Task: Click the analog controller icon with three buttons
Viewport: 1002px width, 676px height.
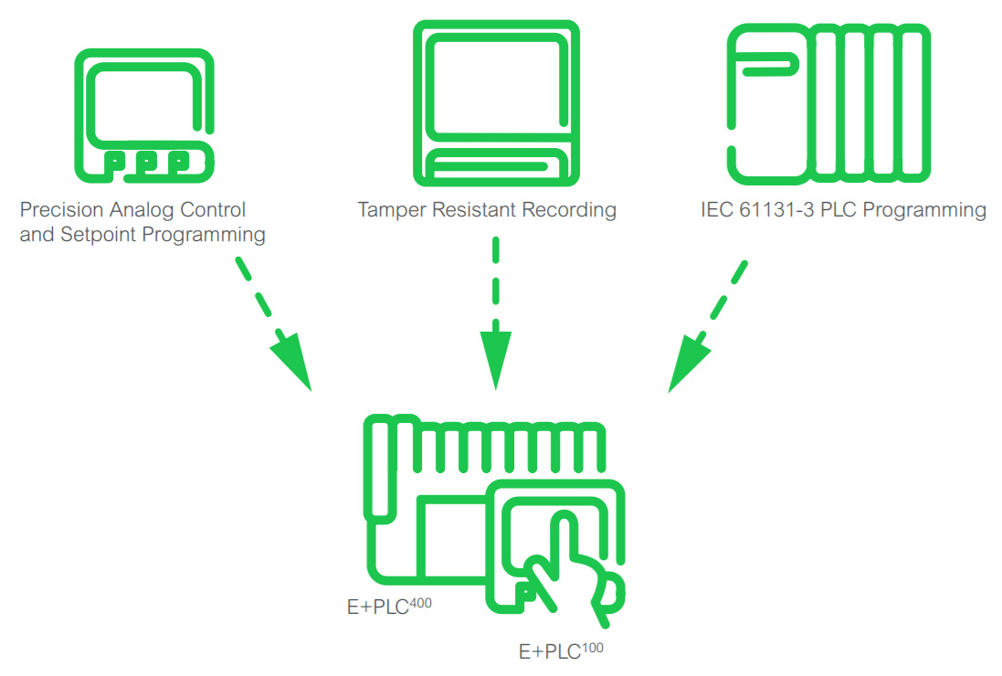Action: tap(143, 113)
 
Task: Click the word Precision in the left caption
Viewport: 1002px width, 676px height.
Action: tap(57, 211)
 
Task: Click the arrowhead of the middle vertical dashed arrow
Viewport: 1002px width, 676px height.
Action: tap(495, 361)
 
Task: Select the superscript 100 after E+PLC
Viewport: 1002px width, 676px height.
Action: tap(592, 647)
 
